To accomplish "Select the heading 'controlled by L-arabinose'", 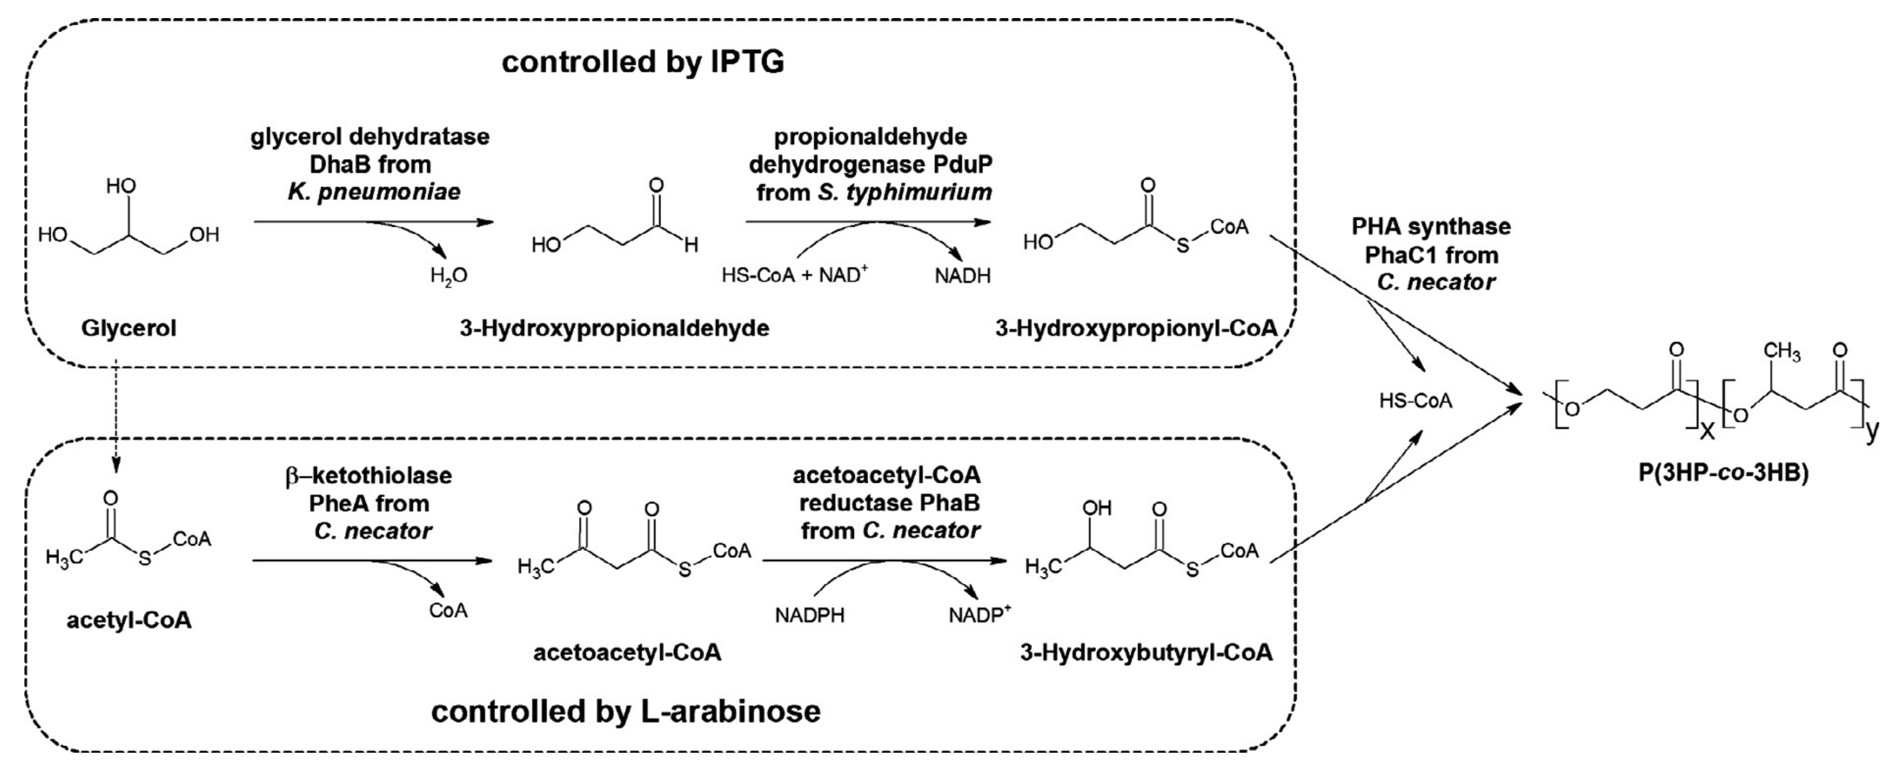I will coord(626,711).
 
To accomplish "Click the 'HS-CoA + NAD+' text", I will coord(794,275).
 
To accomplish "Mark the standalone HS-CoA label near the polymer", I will coord(1415,401).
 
